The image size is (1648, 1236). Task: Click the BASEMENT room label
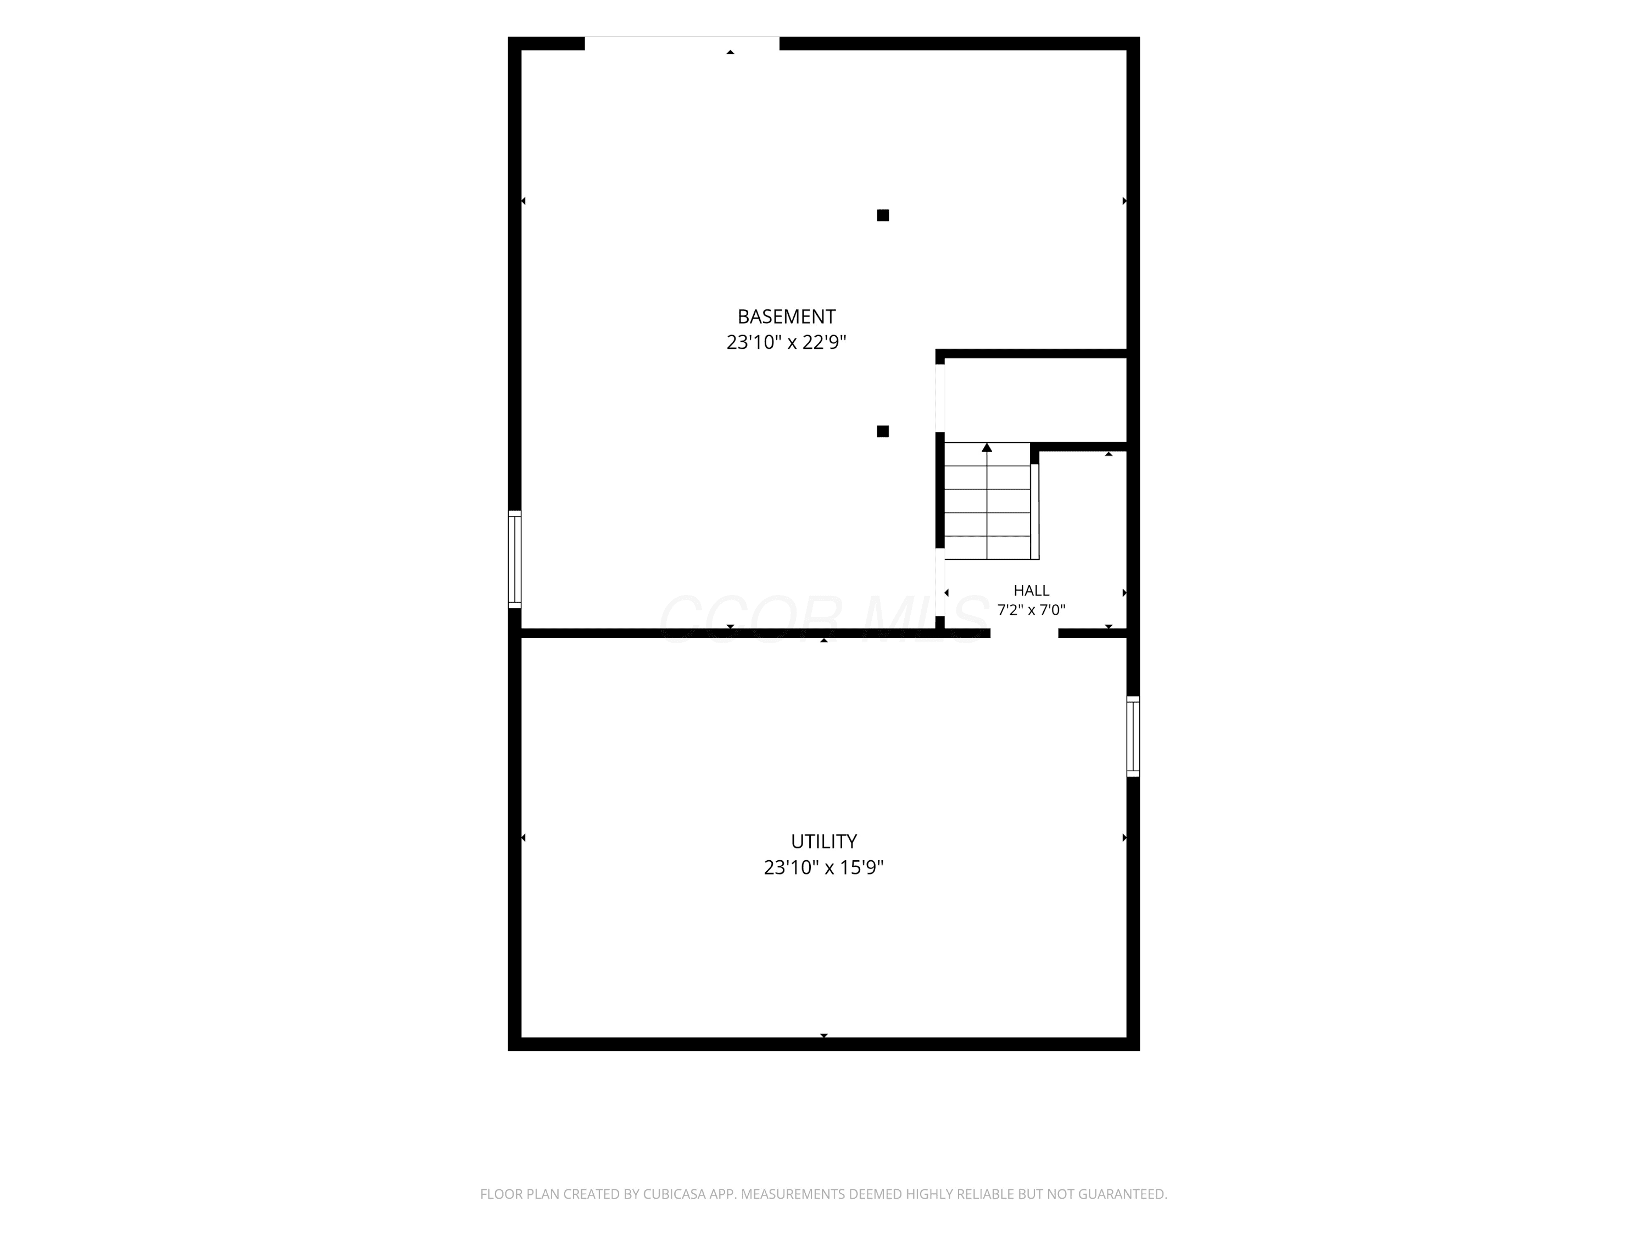pos(786,316)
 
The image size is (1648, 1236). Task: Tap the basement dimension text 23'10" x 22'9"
pos(786,343)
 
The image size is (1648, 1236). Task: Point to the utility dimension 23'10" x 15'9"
pos(823,868)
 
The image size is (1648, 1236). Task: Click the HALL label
pos(1031,591)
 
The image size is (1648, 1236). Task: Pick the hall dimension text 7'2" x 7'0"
pos(1031,610)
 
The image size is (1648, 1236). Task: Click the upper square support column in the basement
pos(883,215)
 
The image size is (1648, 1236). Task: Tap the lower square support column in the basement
pos(883,431)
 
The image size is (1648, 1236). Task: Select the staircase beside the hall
pos(988,500)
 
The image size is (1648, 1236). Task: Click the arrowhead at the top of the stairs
pos(987,447)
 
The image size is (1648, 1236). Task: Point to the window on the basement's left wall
pos(515,560)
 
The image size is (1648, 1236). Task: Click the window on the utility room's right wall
pos(1133,736)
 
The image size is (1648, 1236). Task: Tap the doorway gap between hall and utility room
pos(1025,633)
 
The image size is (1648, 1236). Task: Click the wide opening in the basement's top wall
pos(682,43)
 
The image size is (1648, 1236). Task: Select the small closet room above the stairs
pos(1035,400)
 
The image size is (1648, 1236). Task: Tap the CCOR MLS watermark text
pos(823,619)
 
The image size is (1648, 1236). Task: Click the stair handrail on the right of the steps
pos(1035,511)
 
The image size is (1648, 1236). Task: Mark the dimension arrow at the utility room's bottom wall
pos(824,1035)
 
